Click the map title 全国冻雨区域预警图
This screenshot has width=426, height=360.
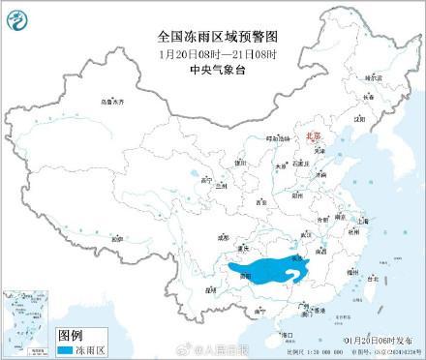(x=213, y=38)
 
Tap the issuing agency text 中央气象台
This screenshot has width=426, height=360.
(x=213, y=68)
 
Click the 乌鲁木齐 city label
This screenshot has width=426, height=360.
(x=113, y=102)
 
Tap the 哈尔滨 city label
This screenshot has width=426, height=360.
(x=369, y=75)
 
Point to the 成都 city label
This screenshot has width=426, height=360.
(x=225, y=234)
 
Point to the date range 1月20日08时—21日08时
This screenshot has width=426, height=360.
(x=213, y=53)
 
